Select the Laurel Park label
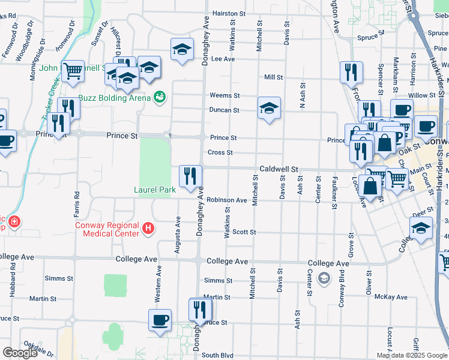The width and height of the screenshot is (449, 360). coord(154,190)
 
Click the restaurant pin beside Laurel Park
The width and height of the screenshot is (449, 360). coord(190,176)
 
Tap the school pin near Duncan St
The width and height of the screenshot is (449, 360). coord(270,108)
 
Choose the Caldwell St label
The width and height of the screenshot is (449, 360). coord(279,170)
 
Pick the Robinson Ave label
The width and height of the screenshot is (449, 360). coord(227,200)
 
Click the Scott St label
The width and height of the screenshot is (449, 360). coord(244,232)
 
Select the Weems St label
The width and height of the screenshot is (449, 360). coord(224,95)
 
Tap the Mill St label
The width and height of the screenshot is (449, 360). coord(273,77)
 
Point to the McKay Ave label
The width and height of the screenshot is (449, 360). coord(390,297)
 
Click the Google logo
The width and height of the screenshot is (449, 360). coord(20,353)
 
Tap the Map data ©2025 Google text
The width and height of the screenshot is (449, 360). coord(412,355)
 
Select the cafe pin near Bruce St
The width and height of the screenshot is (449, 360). coord(160,320)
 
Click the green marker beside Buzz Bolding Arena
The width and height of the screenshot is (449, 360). coord(160,96)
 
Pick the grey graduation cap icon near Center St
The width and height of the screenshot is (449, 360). coord(324,278)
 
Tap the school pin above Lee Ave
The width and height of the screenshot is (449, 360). coord(182,49)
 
